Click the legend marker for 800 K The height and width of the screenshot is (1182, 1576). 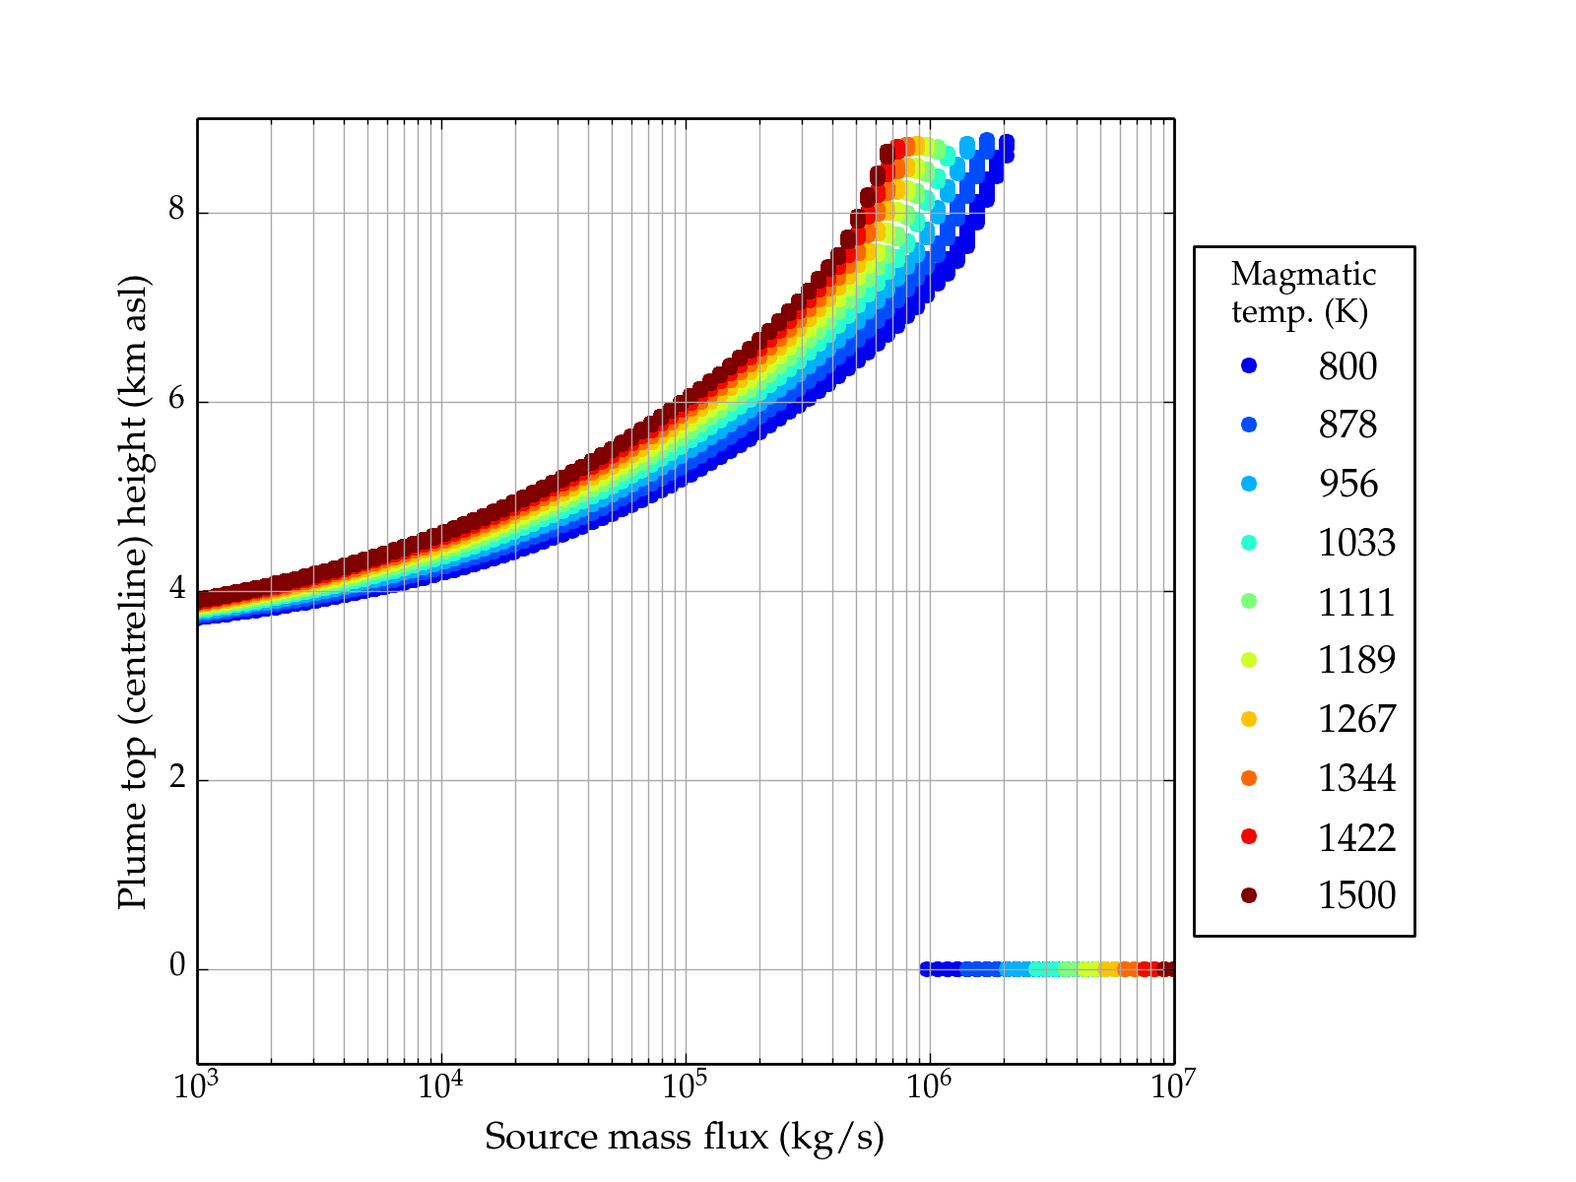pos(1249,365)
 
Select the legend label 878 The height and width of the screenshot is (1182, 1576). pos(1347,425)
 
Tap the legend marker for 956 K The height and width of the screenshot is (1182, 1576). pos(1249,484)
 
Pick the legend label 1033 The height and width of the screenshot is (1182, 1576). pos(1356,543)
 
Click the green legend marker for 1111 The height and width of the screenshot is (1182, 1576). pos(1249,601)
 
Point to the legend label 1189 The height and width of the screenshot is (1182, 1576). pos(1356,660)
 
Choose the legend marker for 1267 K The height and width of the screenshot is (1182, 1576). pos(1249,719)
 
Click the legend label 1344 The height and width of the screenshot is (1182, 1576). pos(1356,778)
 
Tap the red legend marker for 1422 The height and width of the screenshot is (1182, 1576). pos(1249,836)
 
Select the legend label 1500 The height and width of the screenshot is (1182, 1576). pos(1356,895)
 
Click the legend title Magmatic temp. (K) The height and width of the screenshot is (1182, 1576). pos(1303,293)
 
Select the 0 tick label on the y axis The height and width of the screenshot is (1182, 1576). pos(177,967)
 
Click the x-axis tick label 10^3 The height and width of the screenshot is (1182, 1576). pos(197,1086)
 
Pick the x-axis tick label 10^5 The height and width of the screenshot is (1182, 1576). pos(686,1086)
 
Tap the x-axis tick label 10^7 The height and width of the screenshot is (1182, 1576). pos(1172,1086)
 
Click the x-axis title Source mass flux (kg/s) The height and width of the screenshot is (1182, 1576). pos(685,1137)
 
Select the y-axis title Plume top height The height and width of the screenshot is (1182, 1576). pos(132,591)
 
